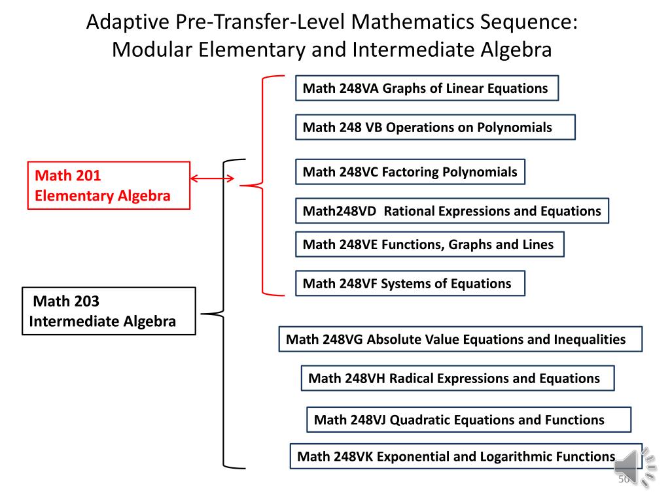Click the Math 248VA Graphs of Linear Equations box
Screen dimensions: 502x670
coord(427,88)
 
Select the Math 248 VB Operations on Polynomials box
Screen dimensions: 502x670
coord(435,127)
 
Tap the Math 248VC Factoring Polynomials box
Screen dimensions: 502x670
coord(410,172)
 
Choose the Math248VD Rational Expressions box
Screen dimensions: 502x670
coord(451,211)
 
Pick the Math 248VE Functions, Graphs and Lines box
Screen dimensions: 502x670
coord(429,244)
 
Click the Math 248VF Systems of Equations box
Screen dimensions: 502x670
coord(410,284)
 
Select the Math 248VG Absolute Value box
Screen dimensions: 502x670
coord(460,339)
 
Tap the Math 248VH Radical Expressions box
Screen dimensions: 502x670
coord(457,378)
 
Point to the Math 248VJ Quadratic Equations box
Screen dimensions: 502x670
coord(468,420)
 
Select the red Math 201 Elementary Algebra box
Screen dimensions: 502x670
coord(109,185)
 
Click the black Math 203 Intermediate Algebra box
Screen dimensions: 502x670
coord(109,311)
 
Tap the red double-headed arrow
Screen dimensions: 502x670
coord(212,178)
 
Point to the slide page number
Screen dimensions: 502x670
coord(624,480)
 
